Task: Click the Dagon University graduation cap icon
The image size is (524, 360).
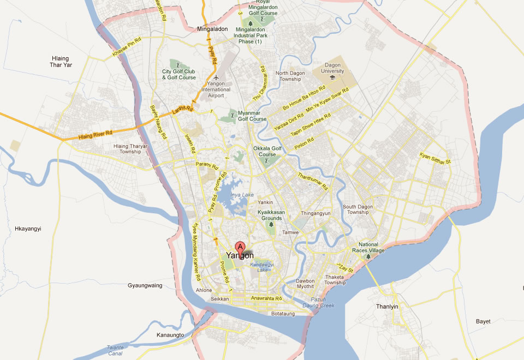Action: click(x=333, y=78)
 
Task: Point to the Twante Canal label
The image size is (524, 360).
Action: click(x=115, y=350)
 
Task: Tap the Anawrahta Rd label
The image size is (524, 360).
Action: click(x=266, y=298)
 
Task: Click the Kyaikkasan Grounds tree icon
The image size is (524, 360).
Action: click(x=270, y=224)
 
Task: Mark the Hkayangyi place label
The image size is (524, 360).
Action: click(x=28, y=229)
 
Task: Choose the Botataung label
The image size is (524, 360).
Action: click(x=283, y=314)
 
